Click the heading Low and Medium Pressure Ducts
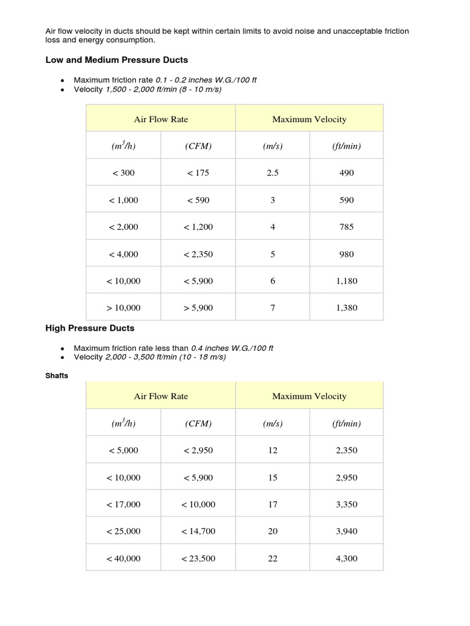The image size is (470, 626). pyautogui.click(x=116, y=60)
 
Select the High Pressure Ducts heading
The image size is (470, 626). pyautogui.click(x=90, y=328)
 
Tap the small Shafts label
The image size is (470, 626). pyautogui.click(x=57, y=375)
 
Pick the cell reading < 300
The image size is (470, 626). pyautogui.click(x=124, y=173)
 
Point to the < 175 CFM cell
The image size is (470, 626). pyautogui.click(x=198, y=173)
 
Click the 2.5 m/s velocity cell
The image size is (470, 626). pyautogui.click(x=272, y=173)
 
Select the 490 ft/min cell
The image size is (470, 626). pyautogui.click(x=346, y=173)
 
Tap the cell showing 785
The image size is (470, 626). pyautogui.click(x=346, y=227)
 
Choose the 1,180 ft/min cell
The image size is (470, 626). pyautogui.click(x=346, y=281)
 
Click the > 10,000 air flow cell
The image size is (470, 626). pyautogui.click(x=124, y=308)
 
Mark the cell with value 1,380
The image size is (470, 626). pyautogui.click(x=346, y=308)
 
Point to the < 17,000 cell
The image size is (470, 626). pyautogui.click(x=124, y=504)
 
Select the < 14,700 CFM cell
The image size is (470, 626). pyautogui.click(x=198, y=531)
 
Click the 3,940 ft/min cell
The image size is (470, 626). pyautogui.click(x=346, y=531)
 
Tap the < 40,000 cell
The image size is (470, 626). pyautogui.click(x=124, y=558)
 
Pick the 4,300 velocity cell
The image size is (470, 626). pyautogui.click(x=346, y=558)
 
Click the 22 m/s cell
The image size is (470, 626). pyautogui.click(x=272, y=558)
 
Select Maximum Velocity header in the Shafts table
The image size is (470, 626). pyautogui.click(x=309, y=396)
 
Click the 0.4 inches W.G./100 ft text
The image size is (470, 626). pyautogui.click(x=232, y=348)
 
